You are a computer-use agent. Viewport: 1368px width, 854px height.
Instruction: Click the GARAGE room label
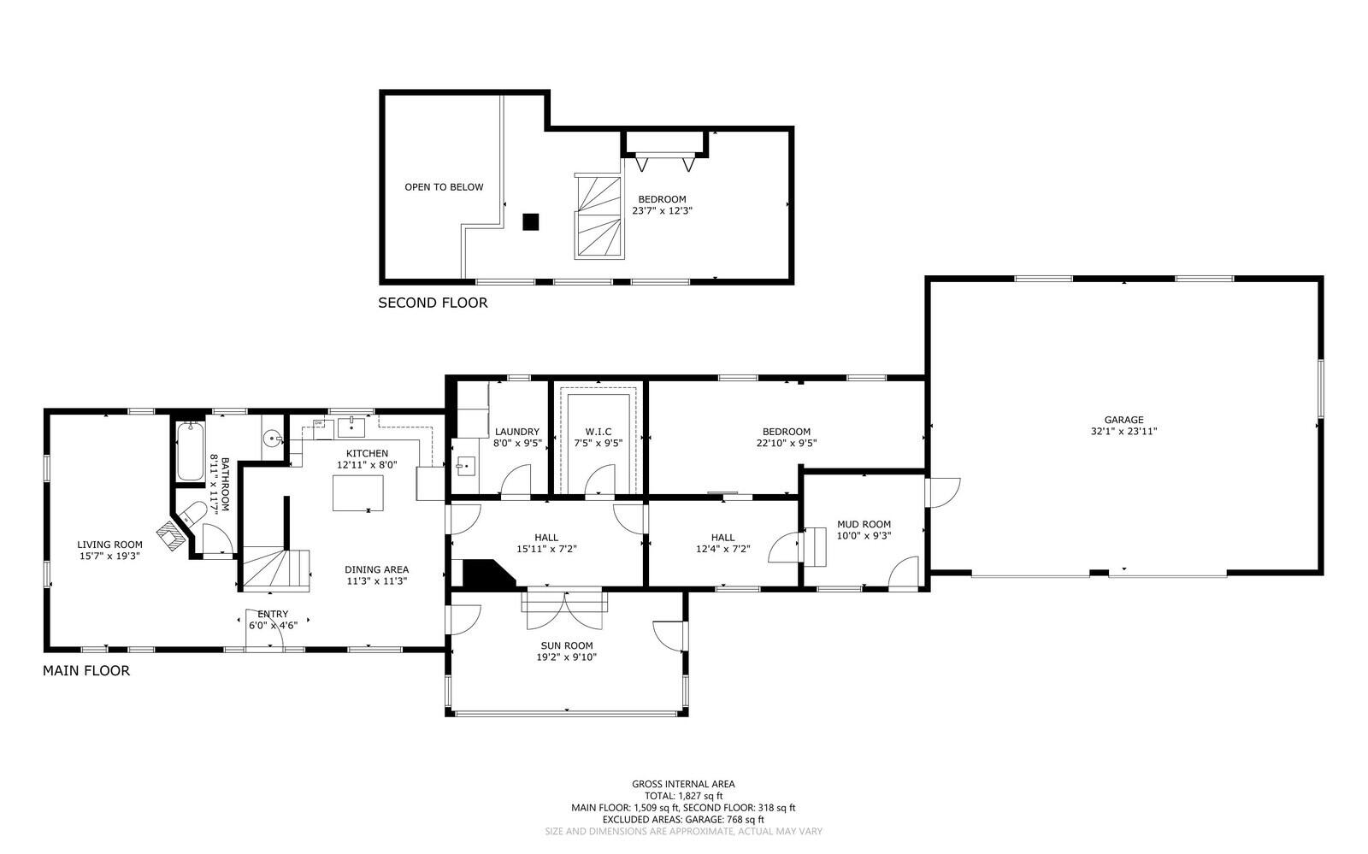1123,420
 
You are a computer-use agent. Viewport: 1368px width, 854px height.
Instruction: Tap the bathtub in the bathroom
191,451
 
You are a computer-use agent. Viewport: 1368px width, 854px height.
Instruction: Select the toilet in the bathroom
192,513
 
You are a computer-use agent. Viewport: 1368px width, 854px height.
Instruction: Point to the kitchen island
358,492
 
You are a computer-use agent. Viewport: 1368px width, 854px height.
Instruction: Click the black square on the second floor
531,221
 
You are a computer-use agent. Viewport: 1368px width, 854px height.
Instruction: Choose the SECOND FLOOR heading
433,303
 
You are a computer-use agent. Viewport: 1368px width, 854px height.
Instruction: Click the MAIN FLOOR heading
86,670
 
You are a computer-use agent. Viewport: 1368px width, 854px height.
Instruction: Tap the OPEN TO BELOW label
444,187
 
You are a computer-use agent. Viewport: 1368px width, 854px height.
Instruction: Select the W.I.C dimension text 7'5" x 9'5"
598,443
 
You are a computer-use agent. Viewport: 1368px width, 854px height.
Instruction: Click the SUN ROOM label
567,645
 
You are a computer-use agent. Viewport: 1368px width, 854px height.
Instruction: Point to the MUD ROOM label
864,524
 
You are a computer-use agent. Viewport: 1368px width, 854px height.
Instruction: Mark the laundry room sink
465,466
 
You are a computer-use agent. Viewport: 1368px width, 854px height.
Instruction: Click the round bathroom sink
273,438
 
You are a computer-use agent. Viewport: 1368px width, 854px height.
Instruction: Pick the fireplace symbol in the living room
173,535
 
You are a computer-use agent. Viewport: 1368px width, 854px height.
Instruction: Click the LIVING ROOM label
110,545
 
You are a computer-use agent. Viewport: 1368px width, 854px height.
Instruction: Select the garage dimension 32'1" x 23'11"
1123,431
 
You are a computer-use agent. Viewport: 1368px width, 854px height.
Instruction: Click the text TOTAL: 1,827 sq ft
683,795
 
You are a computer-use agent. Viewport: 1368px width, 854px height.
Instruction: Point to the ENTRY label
273,614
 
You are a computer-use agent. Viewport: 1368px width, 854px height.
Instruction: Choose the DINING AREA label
377,569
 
